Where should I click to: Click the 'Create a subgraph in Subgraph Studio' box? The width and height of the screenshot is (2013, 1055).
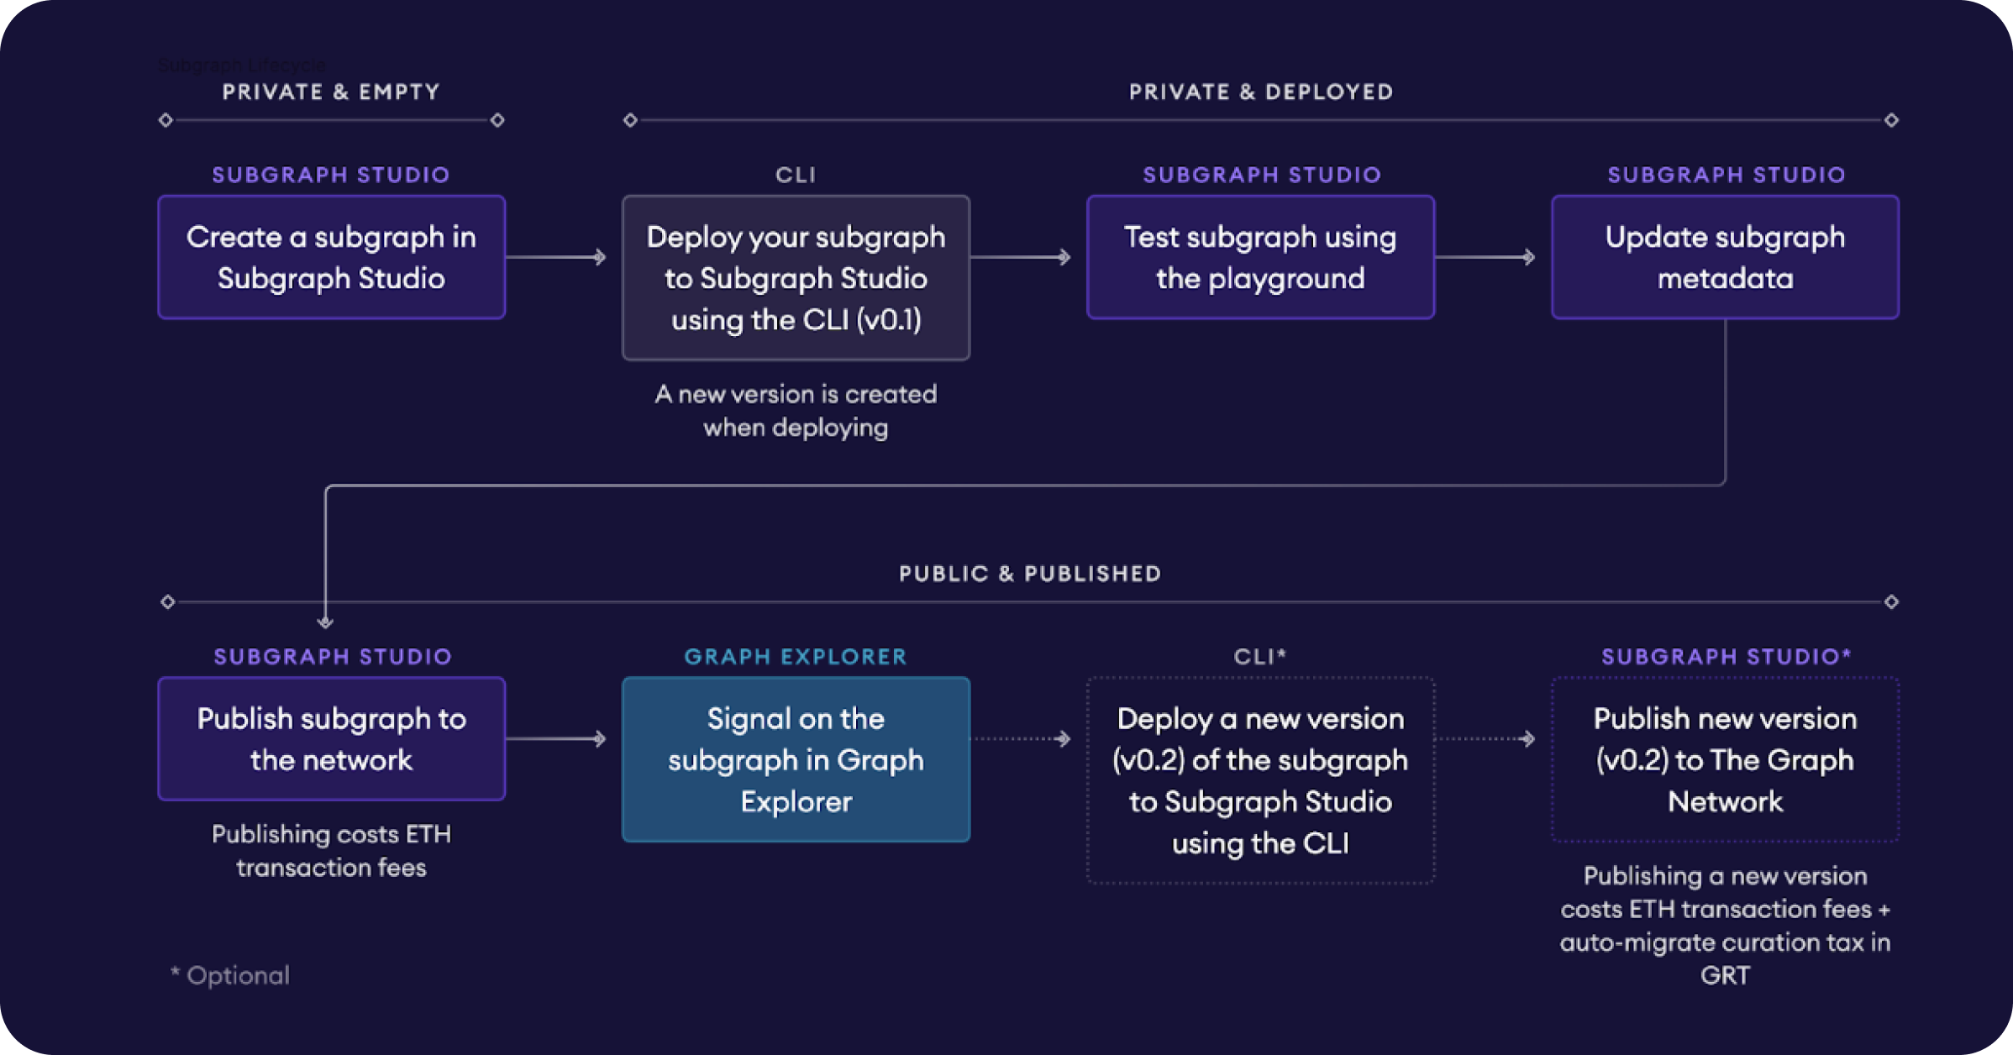[331, 257]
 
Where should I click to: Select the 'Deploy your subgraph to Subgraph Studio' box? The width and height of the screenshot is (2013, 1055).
[796, 278]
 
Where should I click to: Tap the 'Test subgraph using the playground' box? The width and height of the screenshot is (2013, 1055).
[1260, 257]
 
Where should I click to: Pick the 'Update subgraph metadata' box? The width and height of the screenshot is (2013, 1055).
[1725, 257]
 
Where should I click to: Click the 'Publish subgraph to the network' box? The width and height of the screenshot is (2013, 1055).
[331, 739]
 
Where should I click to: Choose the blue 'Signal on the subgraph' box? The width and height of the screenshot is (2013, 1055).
[796, 759]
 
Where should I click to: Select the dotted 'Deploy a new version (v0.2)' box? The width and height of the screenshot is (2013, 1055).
[1260, 780]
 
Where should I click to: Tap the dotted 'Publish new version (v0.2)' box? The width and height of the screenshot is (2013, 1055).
[1725, 759]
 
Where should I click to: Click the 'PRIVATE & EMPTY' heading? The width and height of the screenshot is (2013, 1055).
[331, 92]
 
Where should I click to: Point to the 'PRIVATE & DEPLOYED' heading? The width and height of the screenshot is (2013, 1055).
[1261, 92]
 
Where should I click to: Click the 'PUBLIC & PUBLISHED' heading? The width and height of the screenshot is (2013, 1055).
[1030, 574]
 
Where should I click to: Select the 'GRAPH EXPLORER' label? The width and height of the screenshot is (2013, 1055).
[796, 656]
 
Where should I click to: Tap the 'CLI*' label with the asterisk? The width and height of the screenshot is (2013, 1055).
[1260, 656]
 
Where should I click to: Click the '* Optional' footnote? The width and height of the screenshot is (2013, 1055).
[230, 975]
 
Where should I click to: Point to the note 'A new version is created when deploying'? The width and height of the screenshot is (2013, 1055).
[796, 411]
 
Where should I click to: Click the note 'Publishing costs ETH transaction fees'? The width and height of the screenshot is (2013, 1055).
[331, 851]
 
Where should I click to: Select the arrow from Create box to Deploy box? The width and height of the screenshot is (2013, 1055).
[556, 257]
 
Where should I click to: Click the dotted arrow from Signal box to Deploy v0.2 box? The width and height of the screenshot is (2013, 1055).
[1021, 739]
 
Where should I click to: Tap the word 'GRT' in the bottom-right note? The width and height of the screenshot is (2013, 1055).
[1725, 975]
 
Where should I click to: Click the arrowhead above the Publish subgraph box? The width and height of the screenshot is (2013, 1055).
[325, 622]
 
